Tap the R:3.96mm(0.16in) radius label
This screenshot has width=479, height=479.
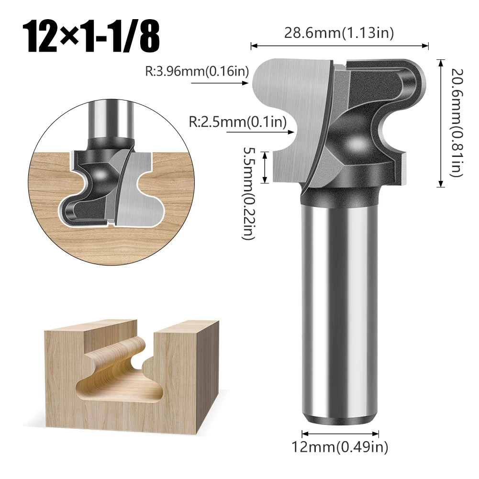point(197,72)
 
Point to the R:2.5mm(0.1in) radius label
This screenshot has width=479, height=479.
point(237,122)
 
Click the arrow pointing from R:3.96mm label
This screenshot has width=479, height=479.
point(220,83)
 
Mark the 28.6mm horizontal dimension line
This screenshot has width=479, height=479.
point(339,46)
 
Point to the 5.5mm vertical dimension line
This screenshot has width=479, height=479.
point(265,167)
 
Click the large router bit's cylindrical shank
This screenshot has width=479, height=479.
point(340,311)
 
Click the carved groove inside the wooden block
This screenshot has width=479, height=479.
point(120,378)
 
